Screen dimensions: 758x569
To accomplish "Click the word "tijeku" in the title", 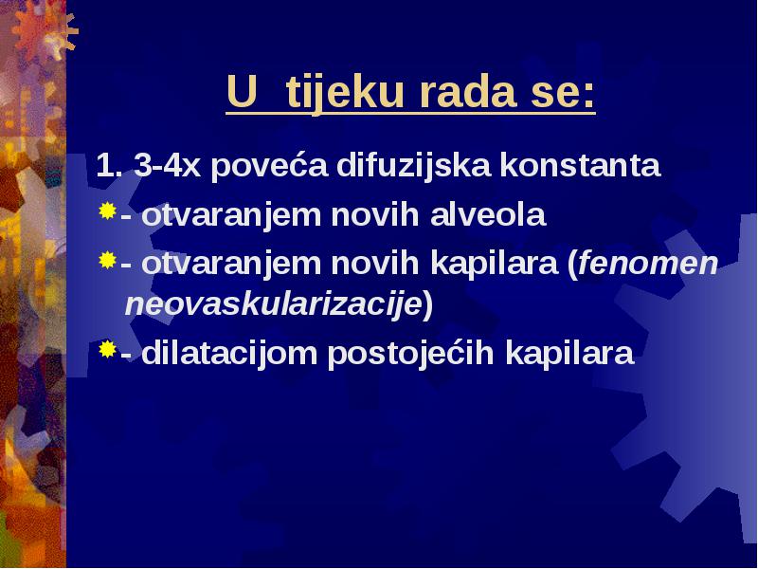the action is pyautogui.click(x=345, y=93).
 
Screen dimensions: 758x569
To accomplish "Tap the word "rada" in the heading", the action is pyautogui.click(x=468, y=92).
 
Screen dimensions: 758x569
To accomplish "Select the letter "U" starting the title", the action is pyautogui.click(x=242, y=92).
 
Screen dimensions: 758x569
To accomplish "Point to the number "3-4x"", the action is pyautogui.click(x=167, y=165).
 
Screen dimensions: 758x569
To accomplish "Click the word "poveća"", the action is pyautogui.click(x=269, y=165).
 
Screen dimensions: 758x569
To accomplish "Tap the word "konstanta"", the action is pyautogui.click(x=580, y=165).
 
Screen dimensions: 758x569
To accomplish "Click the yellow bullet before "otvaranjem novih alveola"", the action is pyautogui.click(x=107, y=211).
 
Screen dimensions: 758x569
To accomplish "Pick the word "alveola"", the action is pyautogui.click(x=488, y=215).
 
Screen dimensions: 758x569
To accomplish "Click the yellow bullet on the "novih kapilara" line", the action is pyautogui.click(x=107, y=260).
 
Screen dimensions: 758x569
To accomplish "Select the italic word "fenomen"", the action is pyautogui.click(x=648, y=264).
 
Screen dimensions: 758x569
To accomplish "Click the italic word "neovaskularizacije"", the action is pyautogui.click(x=273, y=304).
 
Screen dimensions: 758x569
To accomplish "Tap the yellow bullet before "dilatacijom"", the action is pyautogui.click(x=107, y=349).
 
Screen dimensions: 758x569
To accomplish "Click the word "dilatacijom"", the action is pyautogui.click(x=229, y=353).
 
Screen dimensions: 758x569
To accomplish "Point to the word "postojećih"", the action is pyautogui.click(x=410, y=353).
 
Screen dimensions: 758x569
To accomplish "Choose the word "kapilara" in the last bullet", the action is pyautogui.click(x=569, y=353).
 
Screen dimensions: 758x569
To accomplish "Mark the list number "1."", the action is pyautogui.click(x=109, y=165).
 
